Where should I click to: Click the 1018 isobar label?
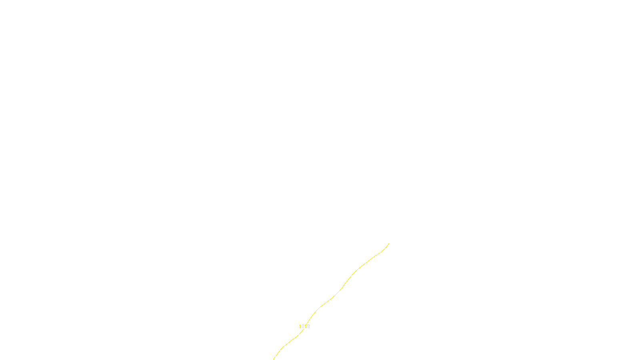[x=304, y=326]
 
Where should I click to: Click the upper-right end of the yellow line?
[x=389, y=243]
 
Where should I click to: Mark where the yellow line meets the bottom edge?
[x=274, y=359]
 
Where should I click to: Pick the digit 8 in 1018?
[x=308, y=326]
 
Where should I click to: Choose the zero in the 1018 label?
[x=303, y=326]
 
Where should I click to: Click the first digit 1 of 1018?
[x=300, y=326]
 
